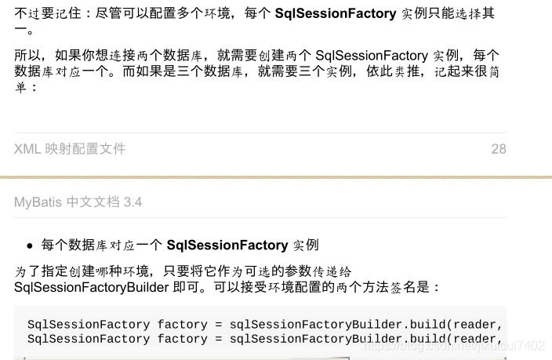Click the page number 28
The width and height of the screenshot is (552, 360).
pos(499,149)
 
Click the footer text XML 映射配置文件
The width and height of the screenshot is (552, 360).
pos(70,149)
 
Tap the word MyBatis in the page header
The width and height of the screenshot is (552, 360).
pos(38,202)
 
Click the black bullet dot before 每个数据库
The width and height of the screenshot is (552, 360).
pos(30,245)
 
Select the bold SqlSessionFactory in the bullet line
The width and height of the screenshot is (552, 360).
pos(227,245)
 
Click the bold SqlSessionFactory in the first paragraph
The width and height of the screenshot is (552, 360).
pos(336,14)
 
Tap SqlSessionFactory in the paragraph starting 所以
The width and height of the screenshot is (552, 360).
pos(371,56)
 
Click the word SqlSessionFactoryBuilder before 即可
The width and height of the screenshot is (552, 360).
pos(92,287)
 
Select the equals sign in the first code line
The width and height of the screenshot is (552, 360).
pos(217,325)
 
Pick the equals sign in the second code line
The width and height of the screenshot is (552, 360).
pos(217,339)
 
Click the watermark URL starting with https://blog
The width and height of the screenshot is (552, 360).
pos(455,346)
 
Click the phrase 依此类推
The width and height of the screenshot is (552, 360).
pos(402,72)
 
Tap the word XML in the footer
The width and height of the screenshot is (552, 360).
pos(27,149)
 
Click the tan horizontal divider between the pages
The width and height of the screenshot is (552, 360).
pos(276,177)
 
